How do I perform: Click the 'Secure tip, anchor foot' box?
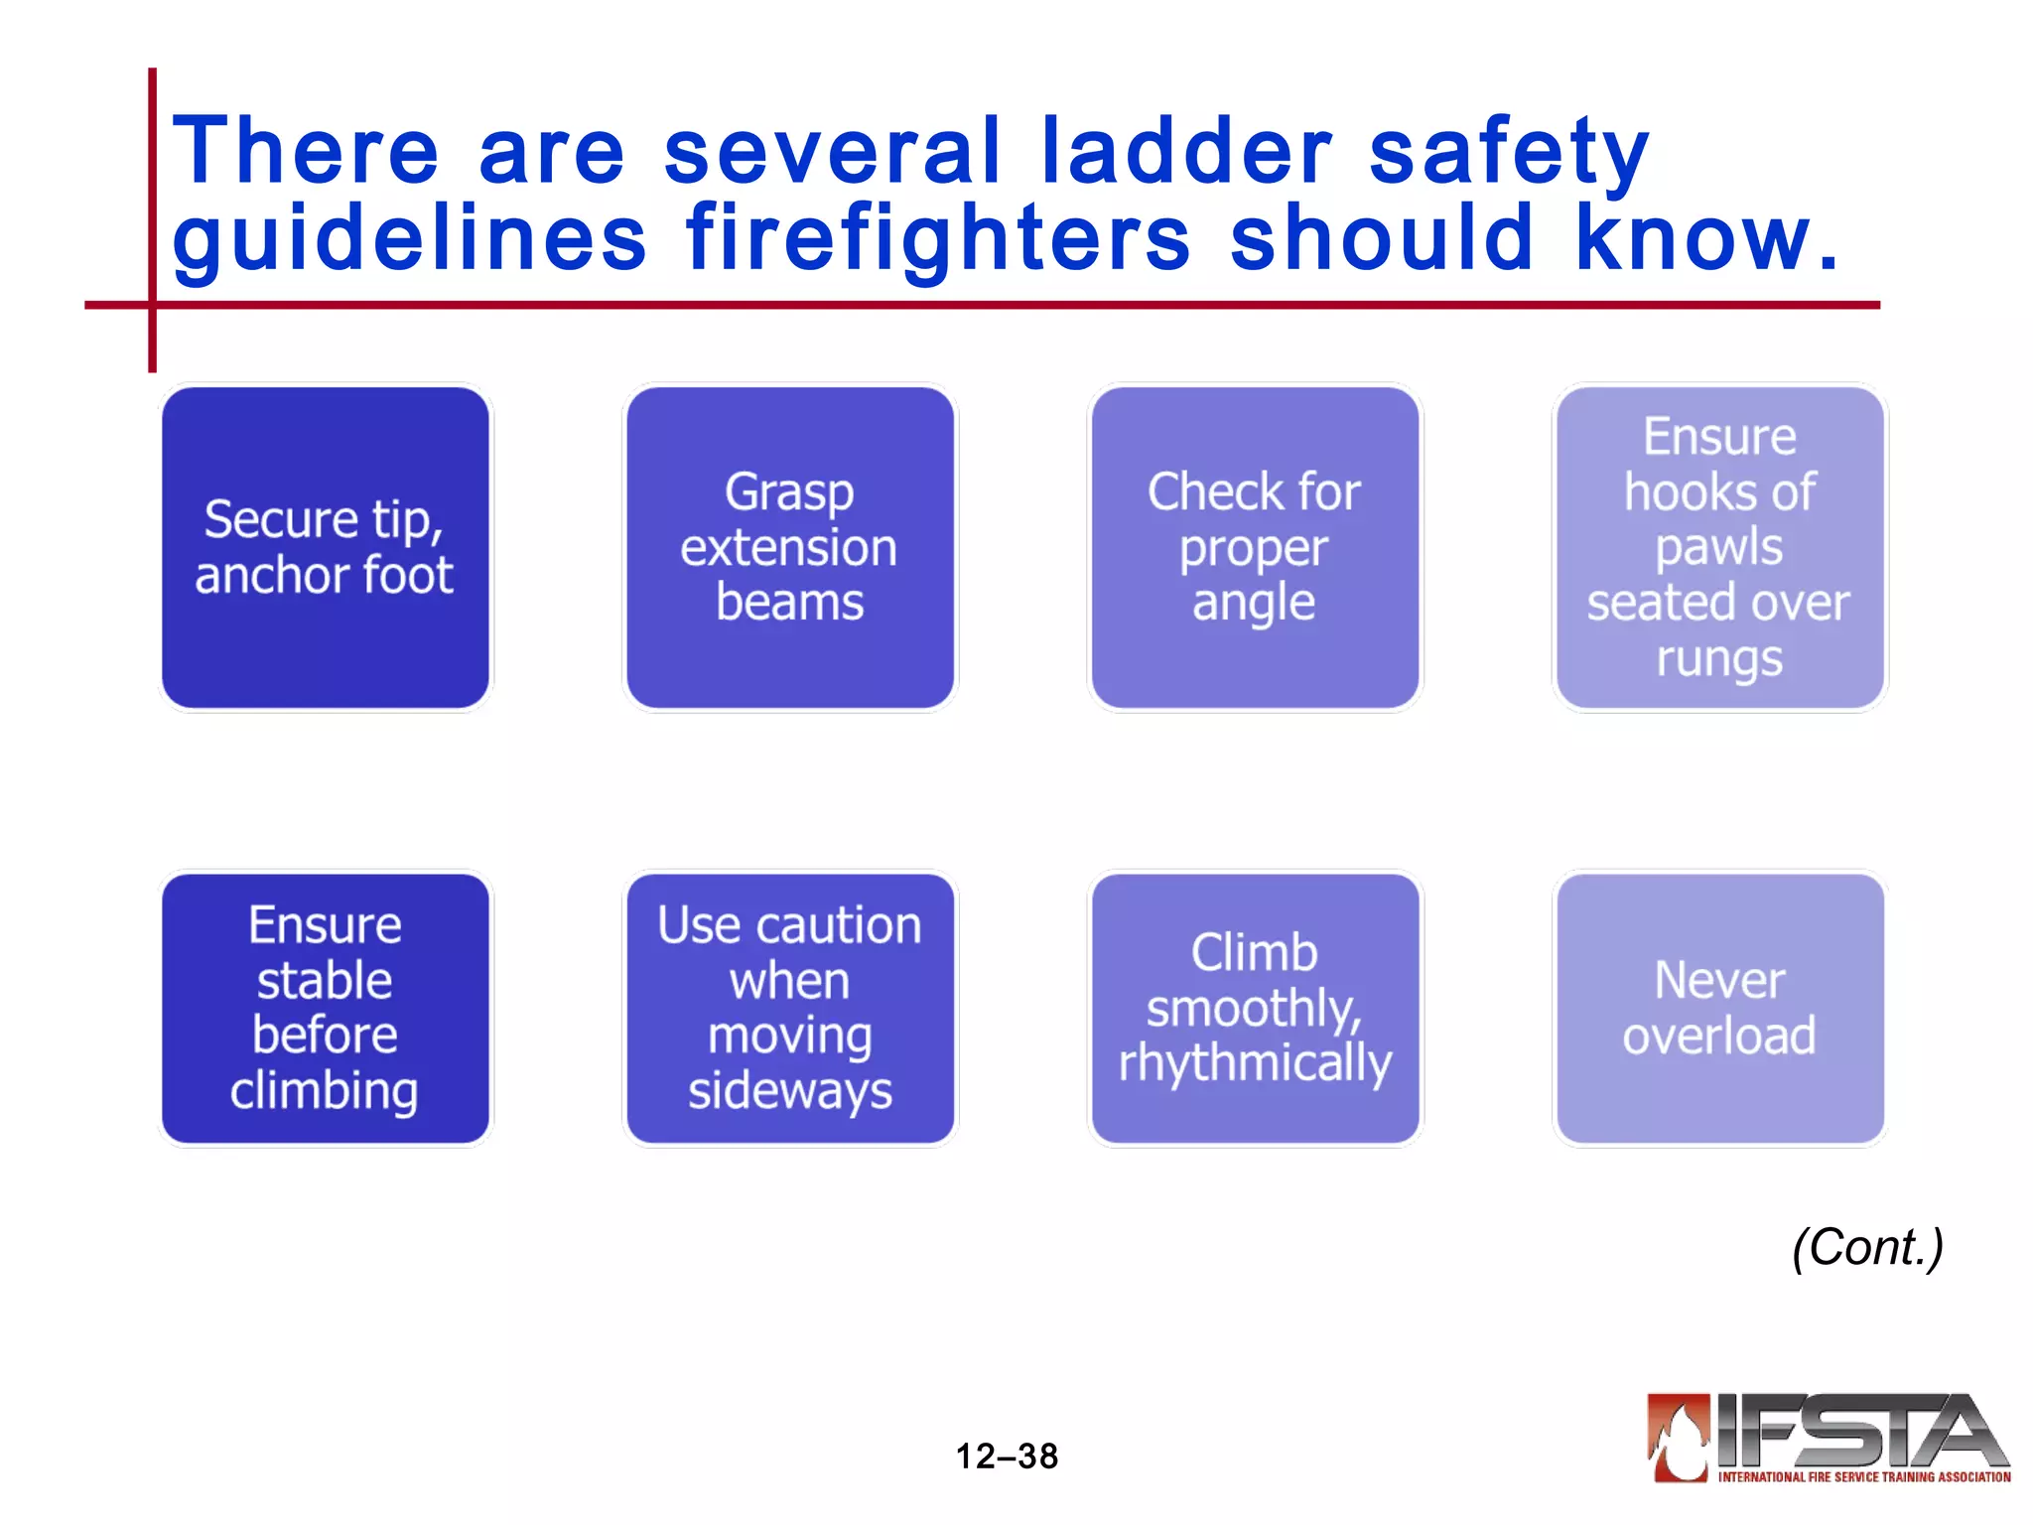click(326, 547)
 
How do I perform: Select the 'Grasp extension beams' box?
click(790, 547)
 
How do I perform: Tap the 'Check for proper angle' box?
click(1255, 547)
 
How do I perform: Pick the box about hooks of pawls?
click(1719, 547)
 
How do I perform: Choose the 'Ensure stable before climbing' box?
click(326, 1008)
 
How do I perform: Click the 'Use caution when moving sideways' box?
click(790, 1008)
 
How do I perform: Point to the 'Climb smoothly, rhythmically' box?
click(1255, 1008)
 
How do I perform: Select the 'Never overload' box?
click(1719, 1008)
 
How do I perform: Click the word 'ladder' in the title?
click(1187, 151)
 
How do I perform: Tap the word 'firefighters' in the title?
click(937, 238)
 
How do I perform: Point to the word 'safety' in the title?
click(1509, 154)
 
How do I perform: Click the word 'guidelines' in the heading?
click(409, 238)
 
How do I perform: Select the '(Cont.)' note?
click(1867, 1248)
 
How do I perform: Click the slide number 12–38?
click(1007, 1456)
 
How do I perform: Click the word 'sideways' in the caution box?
click(790, 1091)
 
